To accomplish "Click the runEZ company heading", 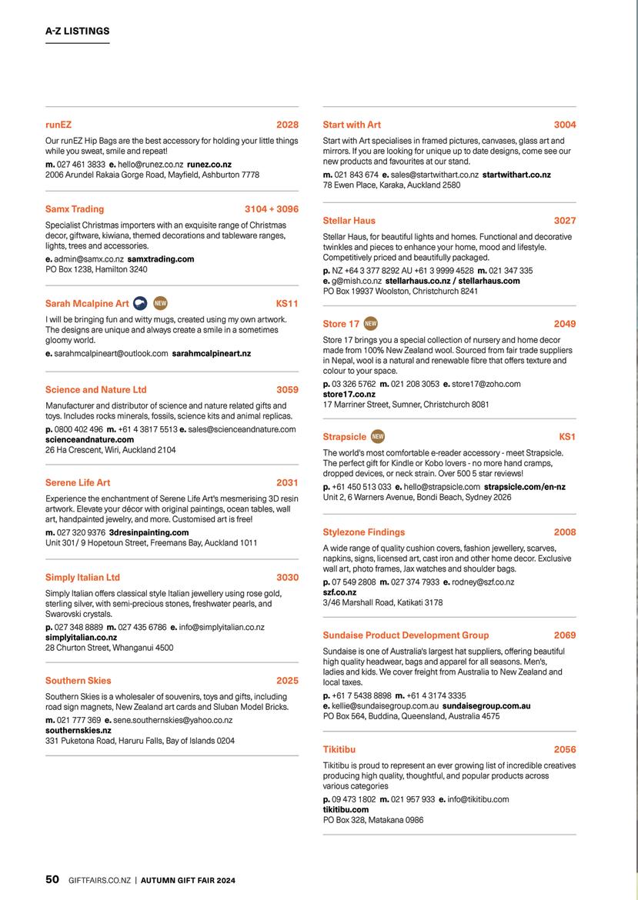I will coord(58,125).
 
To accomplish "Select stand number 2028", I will coord(287,125).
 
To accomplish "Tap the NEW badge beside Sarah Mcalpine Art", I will coord(160,303).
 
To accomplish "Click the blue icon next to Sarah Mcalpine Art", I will coord(140,303).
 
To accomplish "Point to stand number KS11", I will coord(287,304).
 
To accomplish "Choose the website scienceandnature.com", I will coord(89,439).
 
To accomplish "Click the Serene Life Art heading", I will coord(78,483).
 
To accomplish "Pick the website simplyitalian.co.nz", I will coord(81,638).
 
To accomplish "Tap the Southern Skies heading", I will coord(78,681).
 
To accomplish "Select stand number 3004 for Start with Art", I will coord(564,125).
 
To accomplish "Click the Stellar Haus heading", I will coord(349,221).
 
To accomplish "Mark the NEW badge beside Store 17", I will coord(371,324).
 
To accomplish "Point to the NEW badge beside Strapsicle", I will coord(378,437).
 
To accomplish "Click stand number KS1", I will coord(567,437).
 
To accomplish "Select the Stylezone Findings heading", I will coord(363,532).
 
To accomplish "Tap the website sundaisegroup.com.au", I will coord(486,705).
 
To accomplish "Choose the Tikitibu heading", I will coord(339,749).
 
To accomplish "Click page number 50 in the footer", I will coord(52,879).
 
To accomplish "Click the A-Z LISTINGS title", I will coord(78,32).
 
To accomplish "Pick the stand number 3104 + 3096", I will coord(271,209).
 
